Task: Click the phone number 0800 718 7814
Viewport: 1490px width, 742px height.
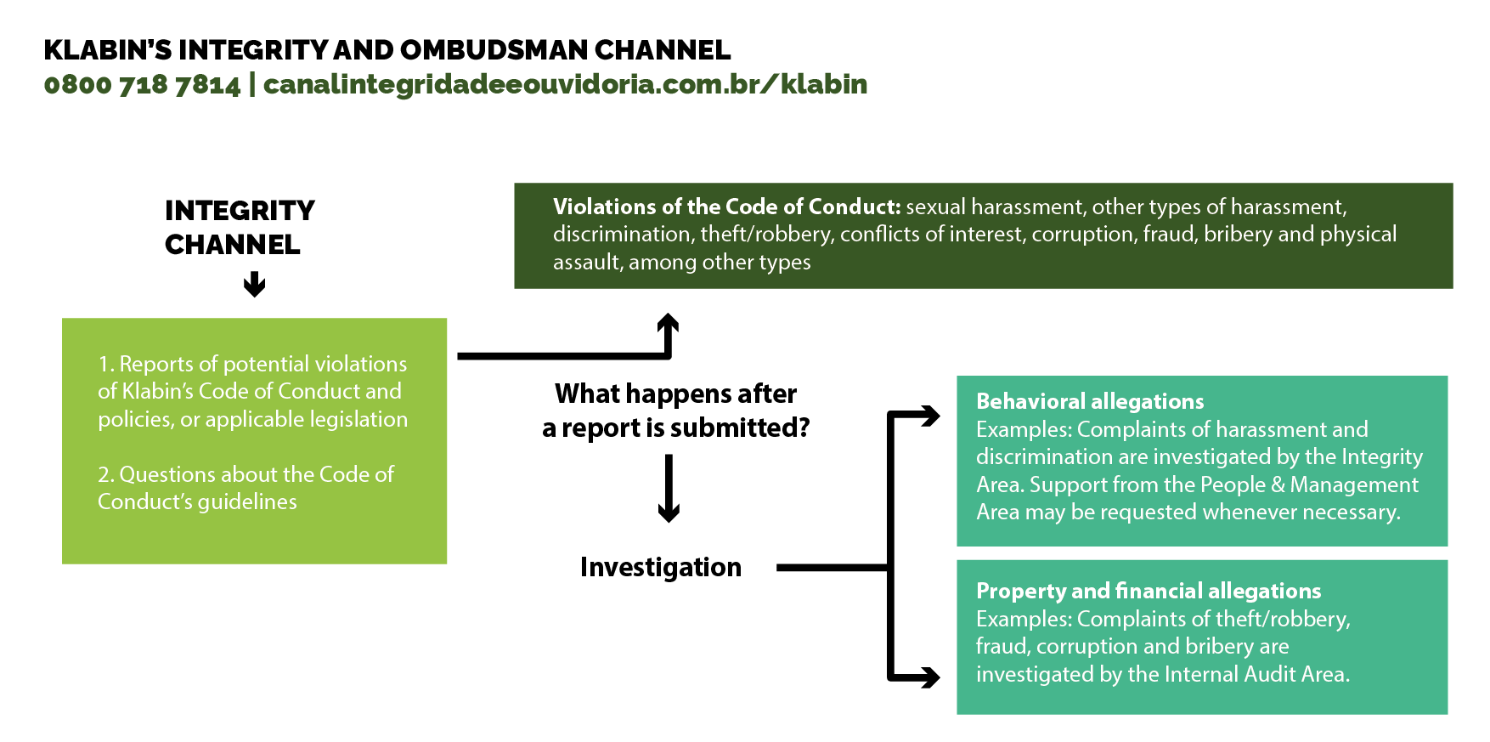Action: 143,84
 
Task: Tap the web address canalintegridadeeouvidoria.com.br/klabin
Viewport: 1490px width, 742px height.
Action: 565,84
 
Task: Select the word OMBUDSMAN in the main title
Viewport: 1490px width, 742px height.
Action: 494,50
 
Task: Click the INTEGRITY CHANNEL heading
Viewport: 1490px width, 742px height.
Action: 240,227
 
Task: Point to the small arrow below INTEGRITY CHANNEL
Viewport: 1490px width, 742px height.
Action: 254,285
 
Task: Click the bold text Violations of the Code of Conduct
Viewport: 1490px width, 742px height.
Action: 726,207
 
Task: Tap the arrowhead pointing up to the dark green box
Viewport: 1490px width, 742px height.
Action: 669,325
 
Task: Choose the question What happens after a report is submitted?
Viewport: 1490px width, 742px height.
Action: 676,411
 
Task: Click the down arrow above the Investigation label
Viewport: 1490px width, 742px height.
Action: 669,489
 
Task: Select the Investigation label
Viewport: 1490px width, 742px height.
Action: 661,567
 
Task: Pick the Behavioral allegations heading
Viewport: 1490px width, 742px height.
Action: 1090,401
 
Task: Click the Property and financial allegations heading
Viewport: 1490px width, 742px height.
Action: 1149,591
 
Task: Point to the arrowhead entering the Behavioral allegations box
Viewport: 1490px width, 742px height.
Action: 930,416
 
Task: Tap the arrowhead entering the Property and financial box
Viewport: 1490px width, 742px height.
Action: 930,677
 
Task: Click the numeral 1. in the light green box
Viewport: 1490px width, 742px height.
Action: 105,364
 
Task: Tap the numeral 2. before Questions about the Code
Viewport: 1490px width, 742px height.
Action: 105,474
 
